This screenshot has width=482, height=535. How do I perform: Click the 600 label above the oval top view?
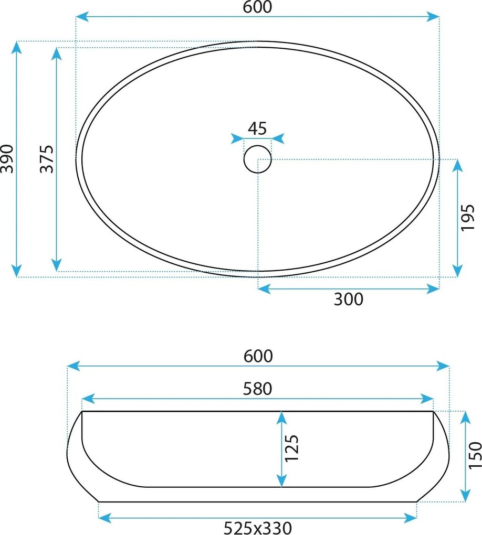point(257,7)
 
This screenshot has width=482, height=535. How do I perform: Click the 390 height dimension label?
point(7,158)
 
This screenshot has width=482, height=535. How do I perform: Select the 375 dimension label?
point(47,159)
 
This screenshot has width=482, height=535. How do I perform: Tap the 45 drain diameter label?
point(257,129)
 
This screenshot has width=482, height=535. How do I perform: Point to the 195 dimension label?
point(468,218)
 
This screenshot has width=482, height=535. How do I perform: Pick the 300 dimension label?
point(349,299)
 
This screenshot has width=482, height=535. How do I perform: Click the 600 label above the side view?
point(258,356)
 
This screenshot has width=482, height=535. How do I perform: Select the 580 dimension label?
point(258,389)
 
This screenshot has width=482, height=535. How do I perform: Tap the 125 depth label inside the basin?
point(292,448)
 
